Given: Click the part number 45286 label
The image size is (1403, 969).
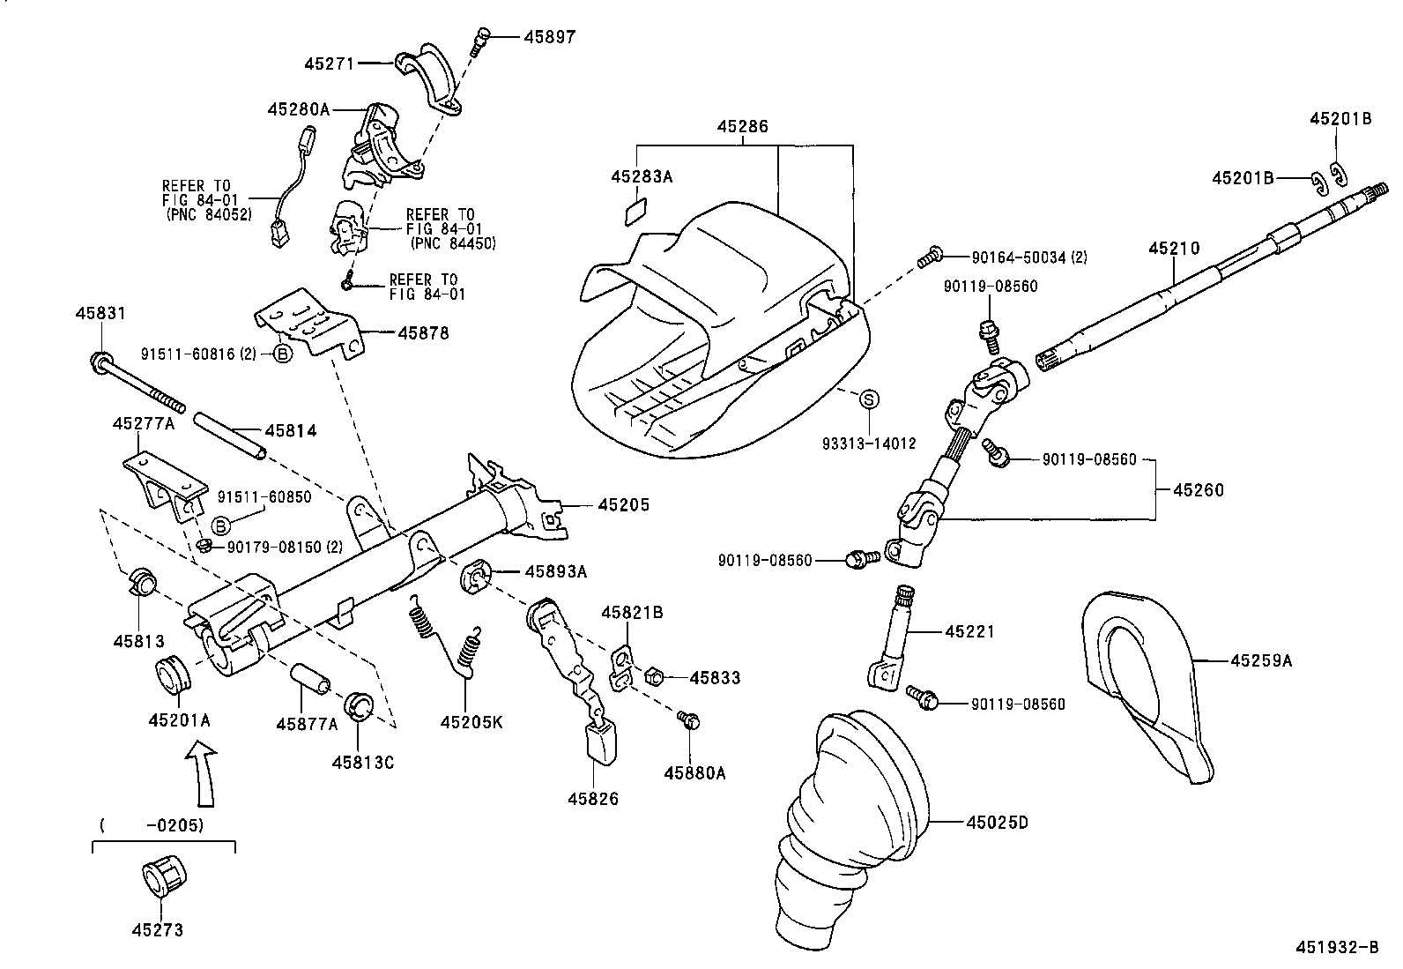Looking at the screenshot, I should [x=742, y=127].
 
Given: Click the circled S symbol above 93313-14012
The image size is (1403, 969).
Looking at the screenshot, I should [x=869, y=399].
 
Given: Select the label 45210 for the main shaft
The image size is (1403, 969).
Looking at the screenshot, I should [x=1173, y=250].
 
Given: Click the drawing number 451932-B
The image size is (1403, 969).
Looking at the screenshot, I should [x=1336, y=948].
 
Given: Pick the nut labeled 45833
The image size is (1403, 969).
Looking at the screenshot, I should [x=655, y=677].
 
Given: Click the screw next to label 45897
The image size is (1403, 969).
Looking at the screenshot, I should [x=480, y=40].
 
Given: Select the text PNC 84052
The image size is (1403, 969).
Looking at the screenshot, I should [x=208, y=214].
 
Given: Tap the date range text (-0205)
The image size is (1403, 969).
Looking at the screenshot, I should [x=152, y=825].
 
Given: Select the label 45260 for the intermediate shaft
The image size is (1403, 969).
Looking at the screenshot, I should [x=1198, y=490].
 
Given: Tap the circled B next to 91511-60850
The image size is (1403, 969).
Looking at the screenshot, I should [x=221, y=525].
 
